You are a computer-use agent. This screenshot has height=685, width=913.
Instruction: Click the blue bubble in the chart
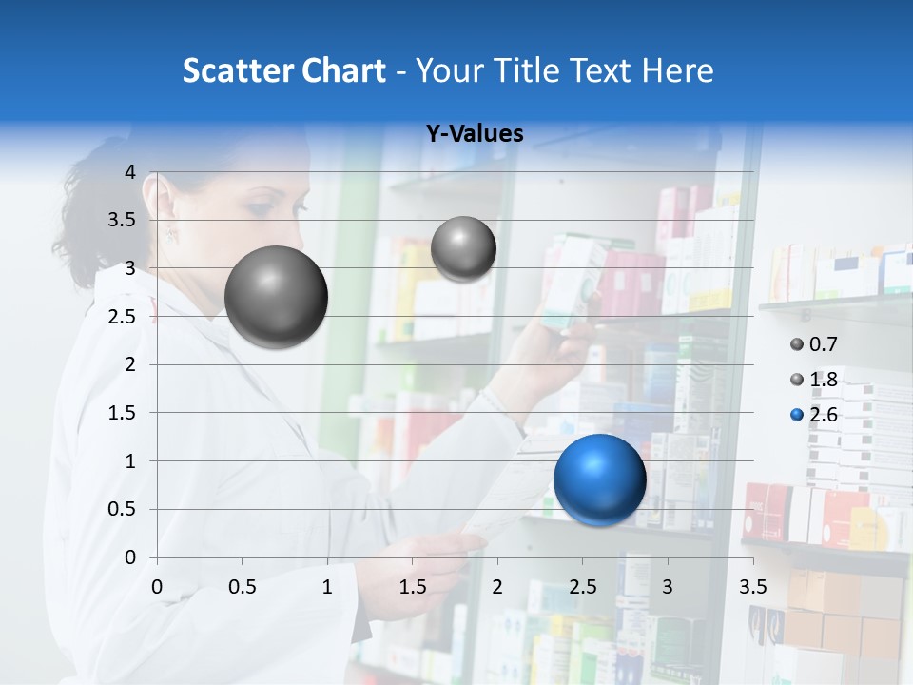tap(599, 479)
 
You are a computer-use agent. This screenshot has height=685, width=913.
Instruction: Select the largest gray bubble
tap(276, 297)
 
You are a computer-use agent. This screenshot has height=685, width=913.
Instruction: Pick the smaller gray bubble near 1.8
tap(463, 249)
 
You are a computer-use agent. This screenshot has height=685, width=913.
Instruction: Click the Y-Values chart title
tap(474, 134)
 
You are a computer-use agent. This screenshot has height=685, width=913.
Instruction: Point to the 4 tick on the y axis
tap(130, 172)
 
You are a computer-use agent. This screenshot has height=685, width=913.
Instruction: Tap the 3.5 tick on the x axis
tap(752, 587)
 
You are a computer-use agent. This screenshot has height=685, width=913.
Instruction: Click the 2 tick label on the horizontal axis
tap(497, 587)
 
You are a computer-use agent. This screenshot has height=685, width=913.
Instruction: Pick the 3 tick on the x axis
tap(667, 587)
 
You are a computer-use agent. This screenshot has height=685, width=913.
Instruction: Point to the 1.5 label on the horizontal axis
tap(412, 587)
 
